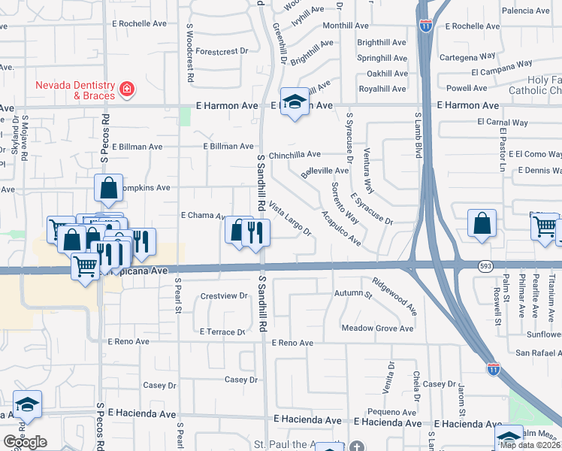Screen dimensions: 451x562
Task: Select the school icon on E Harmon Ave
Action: [x=295, y=102]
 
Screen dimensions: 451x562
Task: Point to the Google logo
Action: [x=25, y=441]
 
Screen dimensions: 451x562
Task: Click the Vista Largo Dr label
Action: [x=289, y=219]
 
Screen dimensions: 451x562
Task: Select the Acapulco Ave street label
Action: [x=341, y=229]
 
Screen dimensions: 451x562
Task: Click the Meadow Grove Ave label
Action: [x=377, y=328]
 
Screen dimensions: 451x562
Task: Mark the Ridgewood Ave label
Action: [x=394, y=295]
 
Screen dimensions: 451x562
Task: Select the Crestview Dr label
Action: [x=224, y=296]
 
